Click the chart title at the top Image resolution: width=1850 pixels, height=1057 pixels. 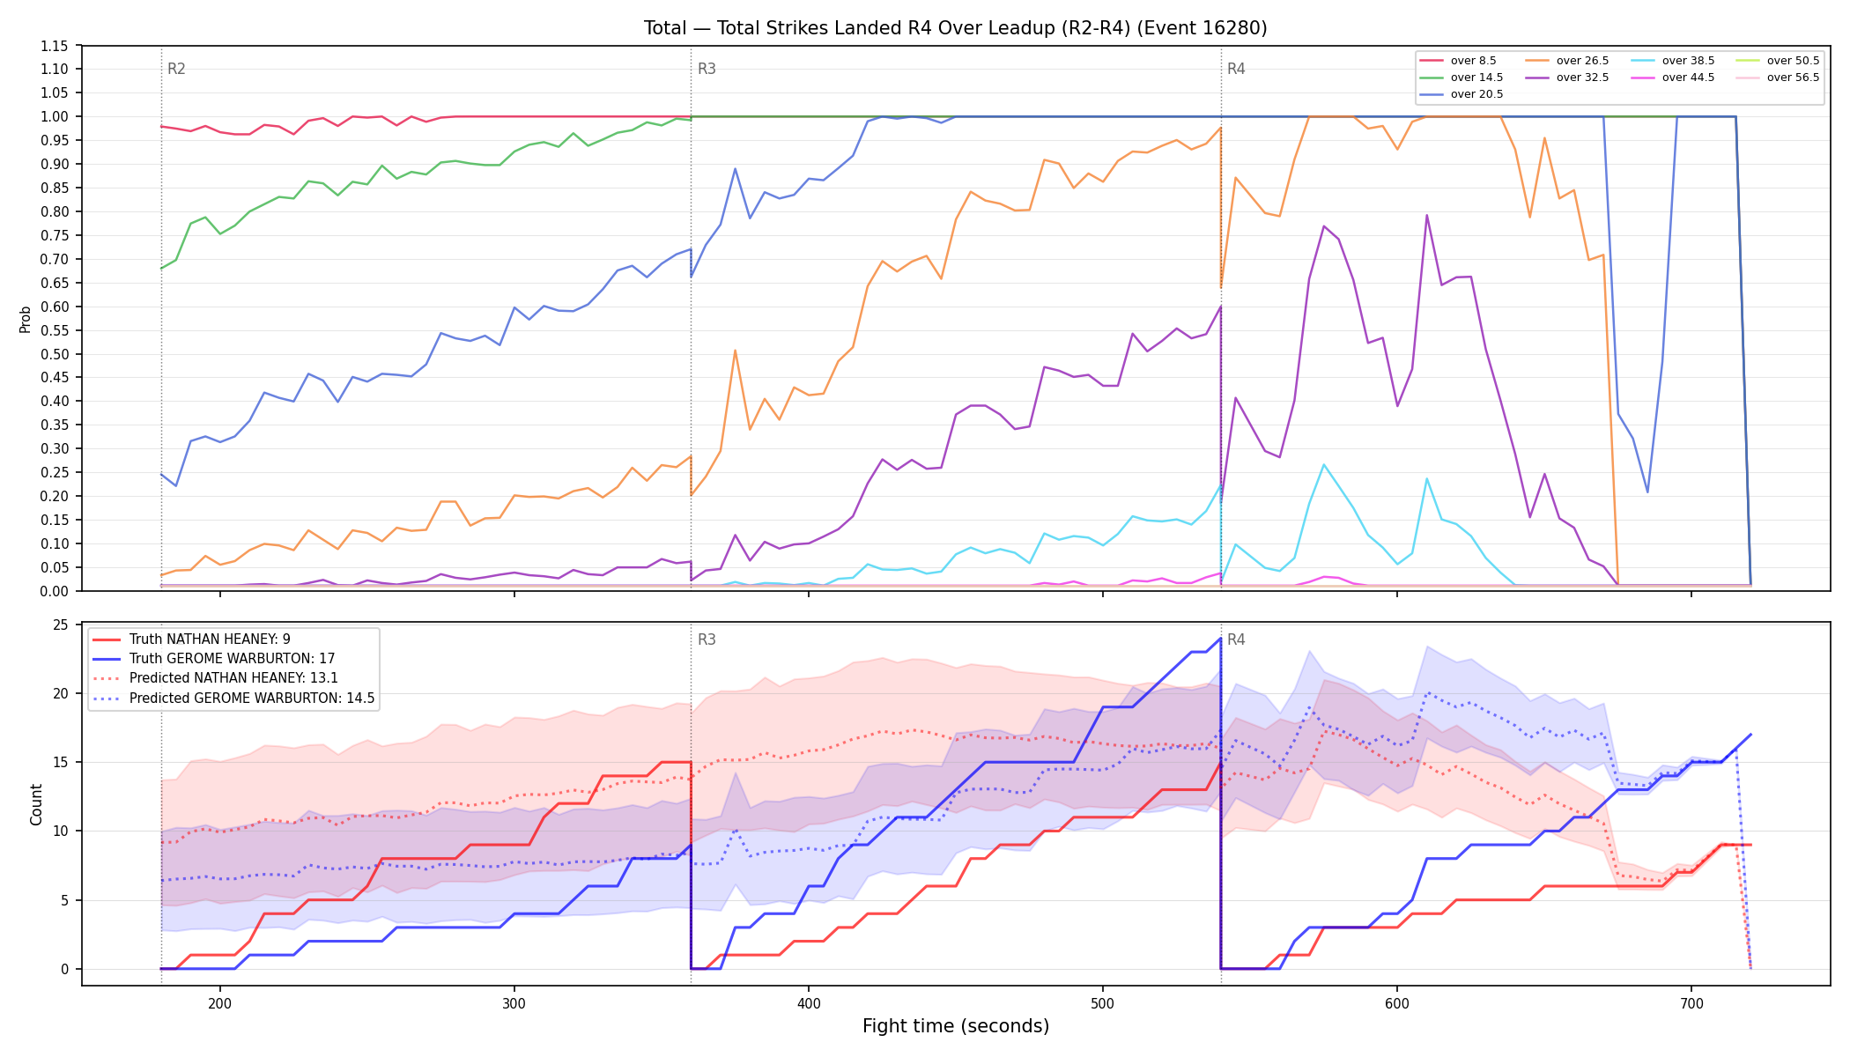(955, 28)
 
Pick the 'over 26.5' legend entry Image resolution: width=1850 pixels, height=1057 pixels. (1567, 61)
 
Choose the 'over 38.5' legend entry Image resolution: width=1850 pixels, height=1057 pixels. (1673, 61)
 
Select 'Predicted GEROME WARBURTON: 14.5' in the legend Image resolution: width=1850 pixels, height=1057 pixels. (233, 699)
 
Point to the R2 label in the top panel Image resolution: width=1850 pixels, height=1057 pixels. (176, 69)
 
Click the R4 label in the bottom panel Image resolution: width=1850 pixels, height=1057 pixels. (1236, 639)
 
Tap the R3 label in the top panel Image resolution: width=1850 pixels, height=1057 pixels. (707, 69)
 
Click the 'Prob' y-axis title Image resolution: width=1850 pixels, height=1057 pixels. (26, 319)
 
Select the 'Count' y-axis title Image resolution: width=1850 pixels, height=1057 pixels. (36, 804)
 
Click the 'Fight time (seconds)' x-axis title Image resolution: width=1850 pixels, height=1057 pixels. (956, 1026)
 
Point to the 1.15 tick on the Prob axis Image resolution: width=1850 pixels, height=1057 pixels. (54, 46)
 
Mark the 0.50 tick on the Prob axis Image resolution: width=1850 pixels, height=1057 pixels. (54, 354)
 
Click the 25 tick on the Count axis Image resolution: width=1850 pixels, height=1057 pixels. (61, 625)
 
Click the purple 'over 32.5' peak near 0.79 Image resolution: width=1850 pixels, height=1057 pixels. (1426, 215)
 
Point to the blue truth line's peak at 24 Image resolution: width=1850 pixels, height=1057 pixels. (1220, 639)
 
